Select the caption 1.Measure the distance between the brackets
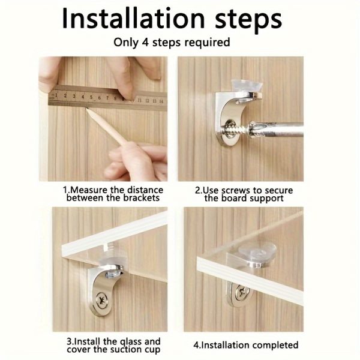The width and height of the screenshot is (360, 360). (113, 194)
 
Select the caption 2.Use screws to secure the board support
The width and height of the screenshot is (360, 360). (244, 194)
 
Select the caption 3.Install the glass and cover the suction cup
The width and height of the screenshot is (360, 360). (113, 346)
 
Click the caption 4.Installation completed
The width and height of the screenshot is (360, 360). (246, 345)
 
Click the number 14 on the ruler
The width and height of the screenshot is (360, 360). (161, 94)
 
